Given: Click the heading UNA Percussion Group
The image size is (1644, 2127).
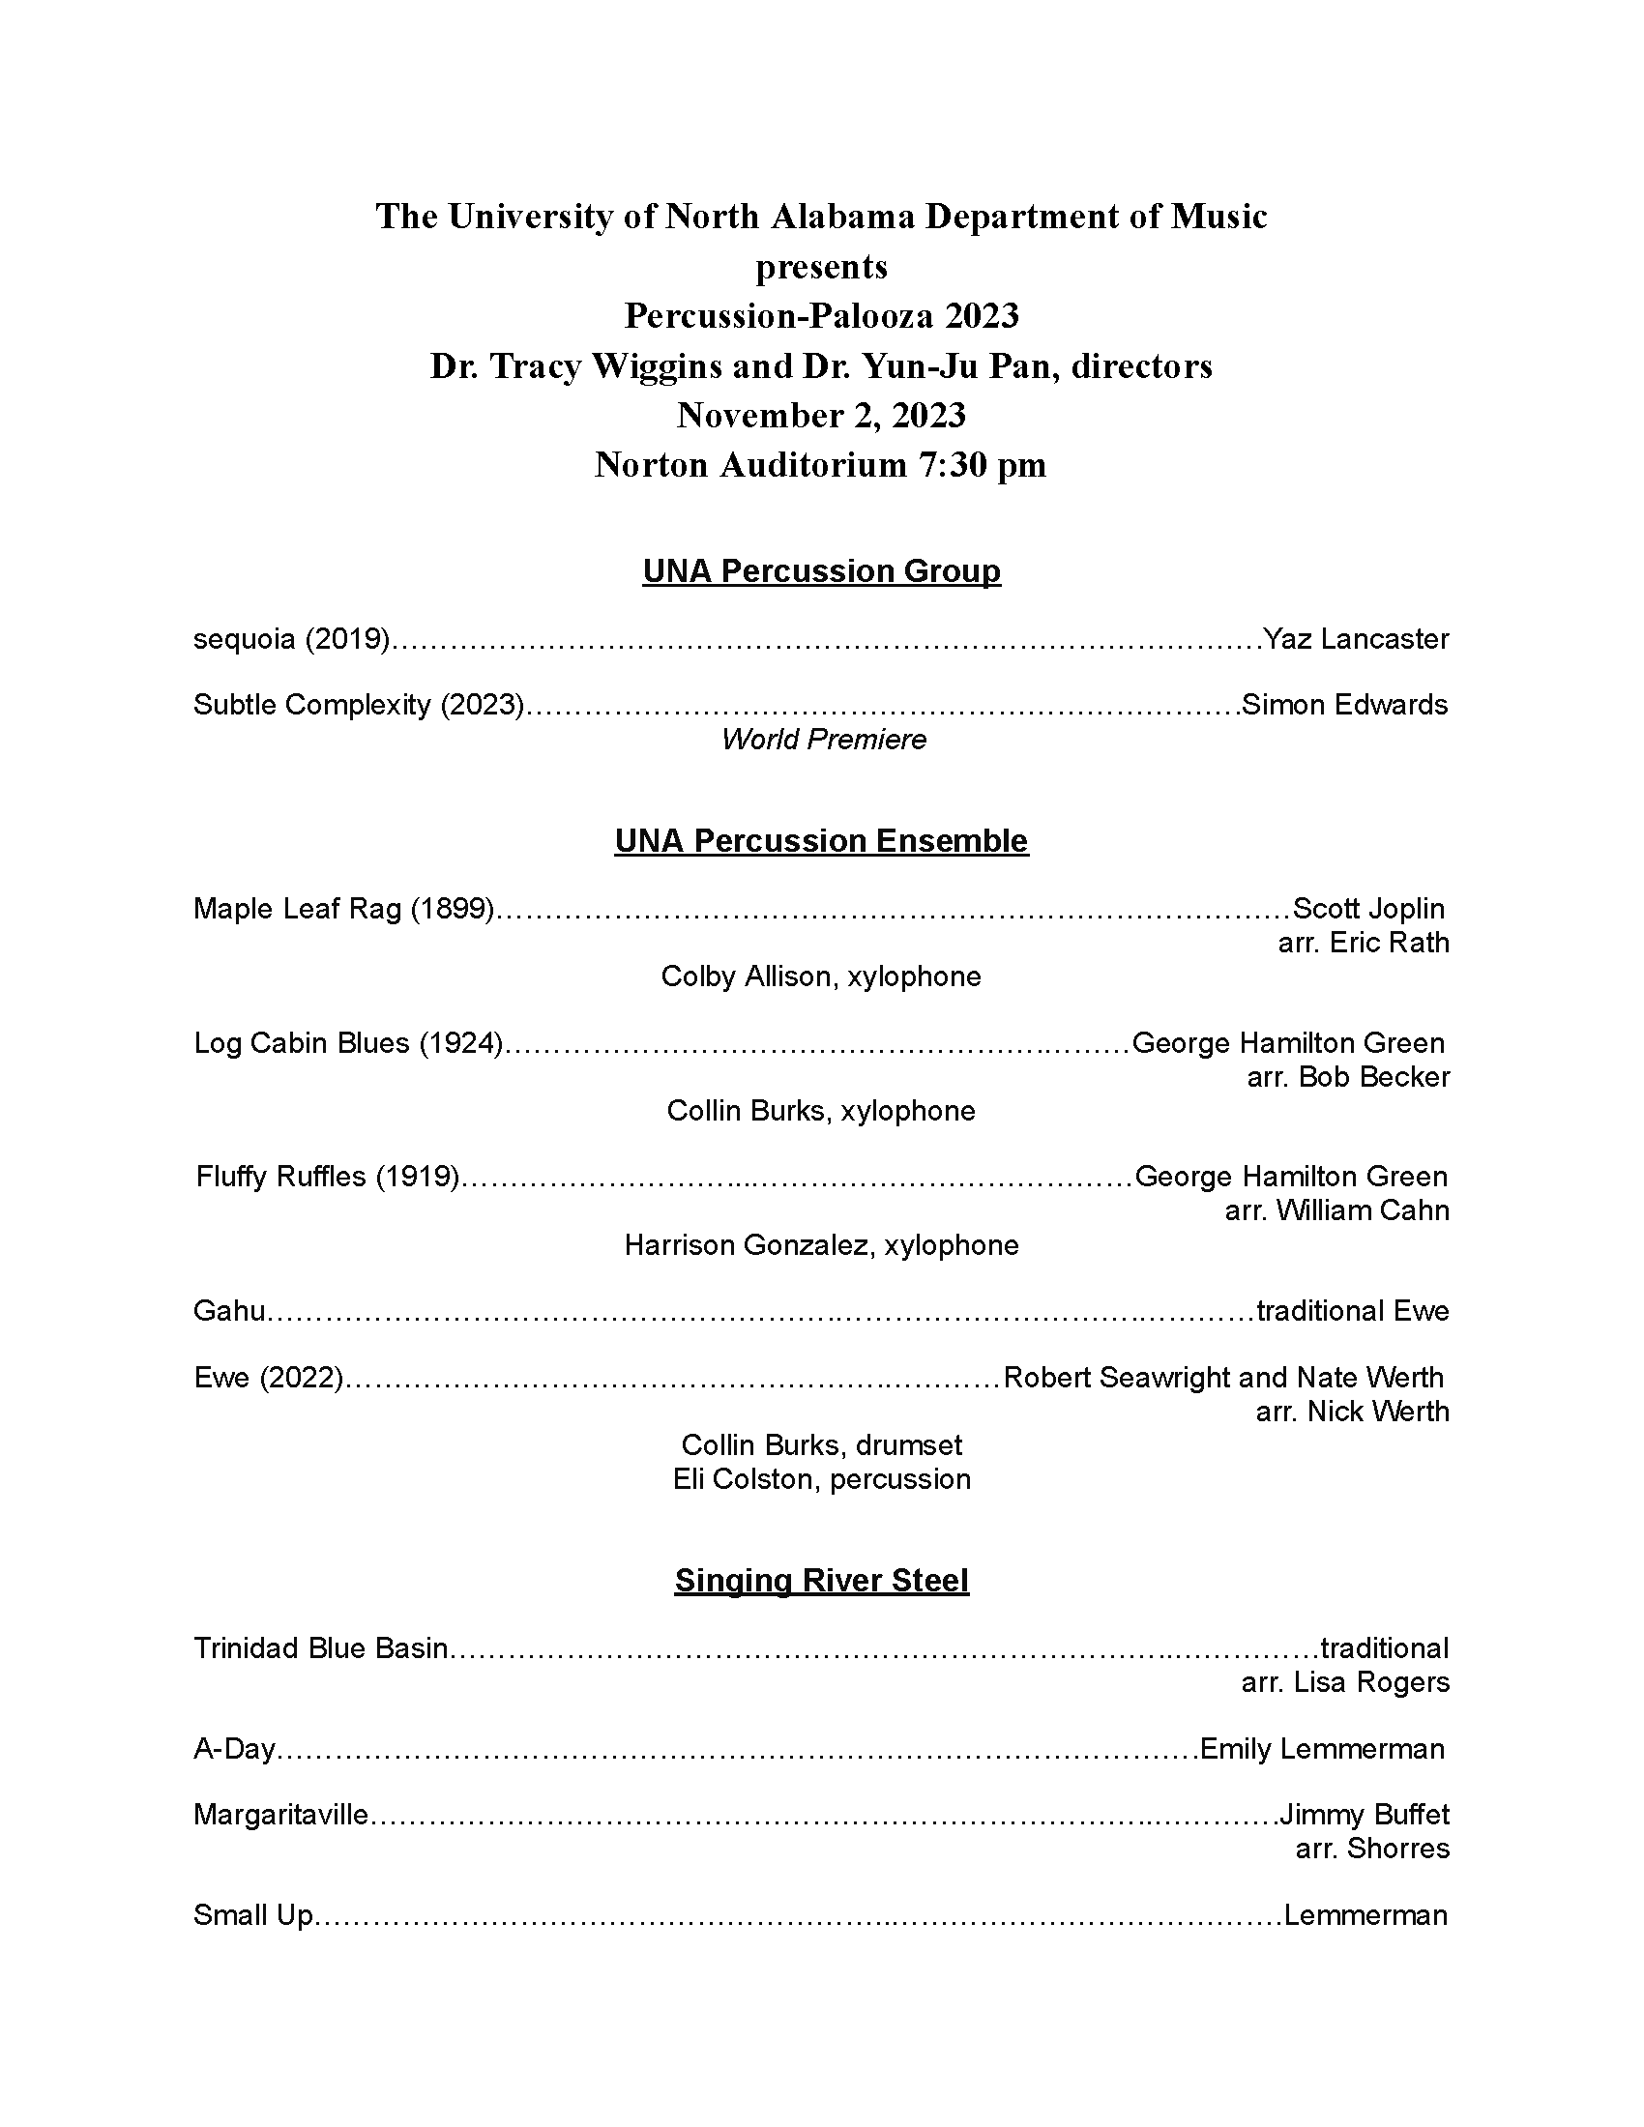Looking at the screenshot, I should click(x=821, y=570).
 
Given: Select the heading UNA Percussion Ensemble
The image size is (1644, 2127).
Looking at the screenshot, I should click(x=821, y=840).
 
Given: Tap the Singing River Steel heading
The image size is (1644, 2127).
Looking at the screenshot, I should click(x=821, y=1580).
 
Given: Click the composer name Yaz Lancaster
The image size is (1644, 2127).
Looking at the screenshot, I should click(x=1355, y=639).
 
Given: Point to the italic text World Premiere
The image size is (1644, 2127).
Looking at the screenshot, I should click(x=823, y=740).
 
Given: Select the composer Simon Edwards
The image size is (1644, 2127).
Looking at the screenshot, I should click(x=1344, y=704).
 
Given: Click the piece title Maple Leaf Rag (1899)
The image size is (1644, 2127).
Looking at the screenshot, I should click(x=344, y=909).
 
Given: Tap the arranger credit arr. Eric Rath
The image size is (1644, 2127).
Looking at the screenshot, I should click(x=1363, y=943).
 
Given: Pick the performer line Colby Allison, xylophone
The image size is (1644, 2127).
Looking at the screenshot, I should click(x=821, y=976).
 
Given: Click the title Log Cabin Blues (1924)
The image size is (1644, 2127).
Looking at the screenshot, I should click(x=349, y=1043).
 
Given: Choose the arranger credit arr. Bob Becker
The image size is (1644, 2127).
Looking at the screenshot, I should click(x=1348, y=1077).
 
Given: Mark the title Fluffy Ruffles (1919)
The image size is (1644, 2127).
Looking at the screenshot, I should click(x=327, y=1177).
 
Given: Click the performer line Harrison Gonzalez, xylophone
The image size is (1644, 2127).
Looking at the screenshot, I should click(x=821, y=1244).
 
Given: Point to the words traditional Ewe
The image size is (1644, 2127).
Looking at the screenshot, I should click(x=1352, y=1311).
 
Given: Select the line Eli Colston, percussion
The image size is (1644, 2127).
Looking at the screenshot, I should click(x=821, y=1478).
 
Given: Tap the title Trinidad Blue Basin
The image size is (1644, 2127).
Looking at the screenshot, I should click(x=320, y=1647).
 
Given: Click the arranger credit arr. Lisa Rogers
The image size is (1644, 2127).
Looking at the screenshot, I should click(x=1345, y=1682).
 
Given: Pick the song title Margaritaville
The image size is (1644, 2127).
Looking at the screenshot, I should click(x=280, y=1815).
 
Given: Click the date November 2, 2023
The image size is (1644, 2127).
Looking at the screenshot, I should click(x=821, y=416).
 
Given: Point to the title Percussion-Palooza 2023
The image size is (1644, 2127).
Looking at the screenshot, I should click(x=821, y=315).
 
